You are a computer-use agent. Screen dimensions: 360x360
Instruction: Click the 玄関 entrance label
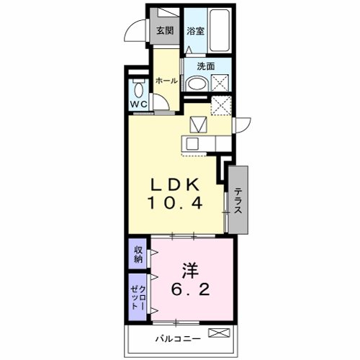(165, 31)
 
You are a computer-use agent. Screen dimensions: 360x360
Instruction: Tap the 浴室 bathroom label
(196, 31)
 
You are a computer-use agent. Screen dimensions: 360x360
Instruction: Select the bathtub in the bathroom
(219, 30)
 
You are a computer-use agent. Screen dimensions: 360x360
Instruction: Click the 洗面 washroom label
(206, 66)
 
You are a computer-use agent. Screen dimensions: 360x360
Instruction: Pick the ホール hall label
(167, 81)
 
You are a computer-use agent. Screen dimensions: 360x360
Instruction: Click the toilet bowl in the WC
(139, 89)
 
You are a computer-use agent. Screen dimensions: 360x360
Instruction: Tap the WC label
(138, 104)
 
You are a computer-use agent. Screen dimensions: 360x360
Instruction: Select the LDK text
(175, 185)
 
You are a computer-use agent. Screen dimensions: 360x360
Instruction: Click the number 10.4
(176, 202)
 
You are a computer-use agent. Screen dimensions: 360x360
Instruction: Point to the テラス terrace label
(238, 201)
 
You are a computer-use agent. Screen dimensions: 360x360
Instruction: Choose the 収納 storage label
(138, 254)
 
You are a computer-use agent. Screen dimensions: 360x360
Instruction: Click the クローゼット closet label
(138, 297)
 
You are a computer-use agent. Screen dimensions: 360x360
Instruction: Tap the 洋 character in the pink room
(190, 271)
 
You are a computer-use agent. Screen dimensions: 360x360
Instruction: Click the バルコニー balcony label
(178, 339)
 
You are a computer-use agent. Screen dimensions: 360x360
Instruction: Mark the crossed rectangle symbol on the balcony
(219, 333)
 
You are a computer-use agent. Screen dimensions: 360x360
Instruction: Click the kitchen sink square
(193, 144)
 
